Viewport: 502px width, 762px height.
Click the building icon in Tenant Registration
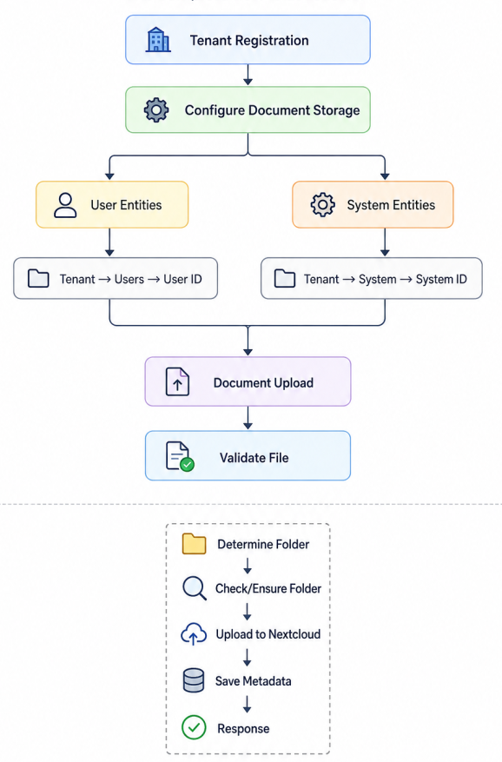[158, 40]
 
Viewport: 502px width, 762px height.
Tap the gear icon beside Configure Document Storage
[156, 109]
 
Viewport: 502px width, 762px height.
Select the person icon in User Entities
[65, 204]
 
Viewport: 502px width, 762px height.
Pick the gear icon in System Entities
[323, 204]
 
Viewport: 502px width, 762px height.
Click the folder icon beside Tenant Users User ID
[38, 279]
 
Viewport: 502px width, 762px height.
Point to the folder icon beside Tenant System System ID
[285, 279]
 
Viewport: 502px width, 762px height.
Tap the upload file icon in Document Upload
[177, 382]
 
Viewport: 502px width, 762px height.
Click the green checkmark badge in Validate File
[187, 465]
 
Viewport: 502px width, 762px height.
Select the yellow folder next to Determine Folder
[194, 544]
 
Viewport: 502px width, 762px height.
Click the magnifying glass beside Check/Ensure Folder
[194, 588]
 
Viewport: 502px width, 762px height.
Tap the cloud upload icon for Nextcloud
[194, 633]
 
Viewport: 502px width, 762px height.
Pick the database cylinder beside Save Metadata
[194, 680]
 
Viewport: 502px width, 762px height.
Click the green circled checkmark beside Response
[194, 727]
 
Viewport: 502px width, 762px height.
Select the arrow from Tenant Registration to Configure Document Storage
[248, 75]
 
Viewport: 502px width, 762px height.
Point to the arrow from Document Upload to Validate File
[248, 418]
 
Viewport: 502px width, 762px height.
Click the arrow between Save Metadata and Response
[247, 704]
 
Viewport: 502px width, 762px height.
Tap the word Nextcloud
[294, 634]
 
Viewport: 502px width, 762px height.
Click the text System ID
[441, 279]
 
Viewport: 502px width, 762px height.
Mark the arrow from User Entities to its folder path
[109, 242]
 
